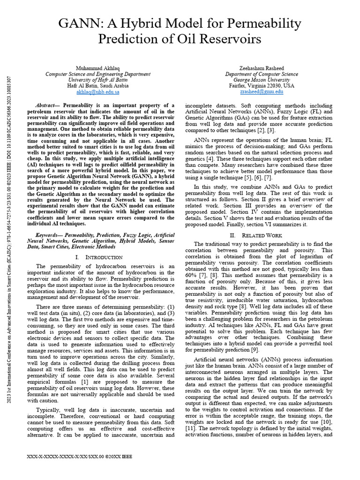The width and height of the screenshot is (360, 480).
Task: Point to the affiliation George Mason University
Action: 261,80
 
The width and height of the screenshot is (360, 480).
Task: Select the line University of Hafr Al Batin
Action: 98,80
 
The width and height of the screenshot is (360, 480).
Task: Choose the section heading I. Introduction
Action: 99,257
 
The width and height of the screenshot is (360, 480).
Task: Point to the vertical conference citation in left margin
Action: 9,239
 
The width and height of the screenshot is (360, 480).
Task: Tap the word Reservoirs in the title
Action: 232,39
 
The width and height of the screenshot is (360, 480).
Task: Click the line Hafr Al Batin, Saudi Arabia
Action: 98,86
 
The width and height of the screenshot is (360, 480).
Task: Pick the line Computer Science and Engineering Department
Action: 98,74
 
